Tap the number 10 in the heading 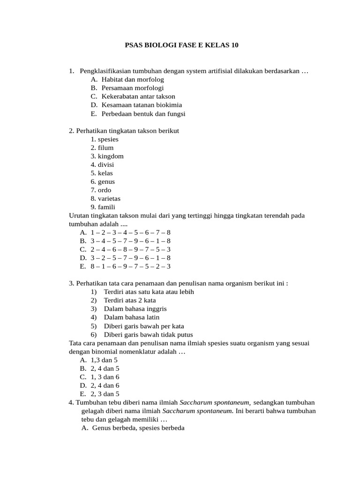[234, 45]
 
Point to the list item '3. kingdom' [107, 156]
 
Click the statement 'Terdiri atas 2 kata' [130, 300]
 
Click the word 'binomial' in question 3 [99, 352]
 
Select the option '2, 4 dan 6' [105, 385]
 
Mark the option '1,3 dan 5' [105, 360]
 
